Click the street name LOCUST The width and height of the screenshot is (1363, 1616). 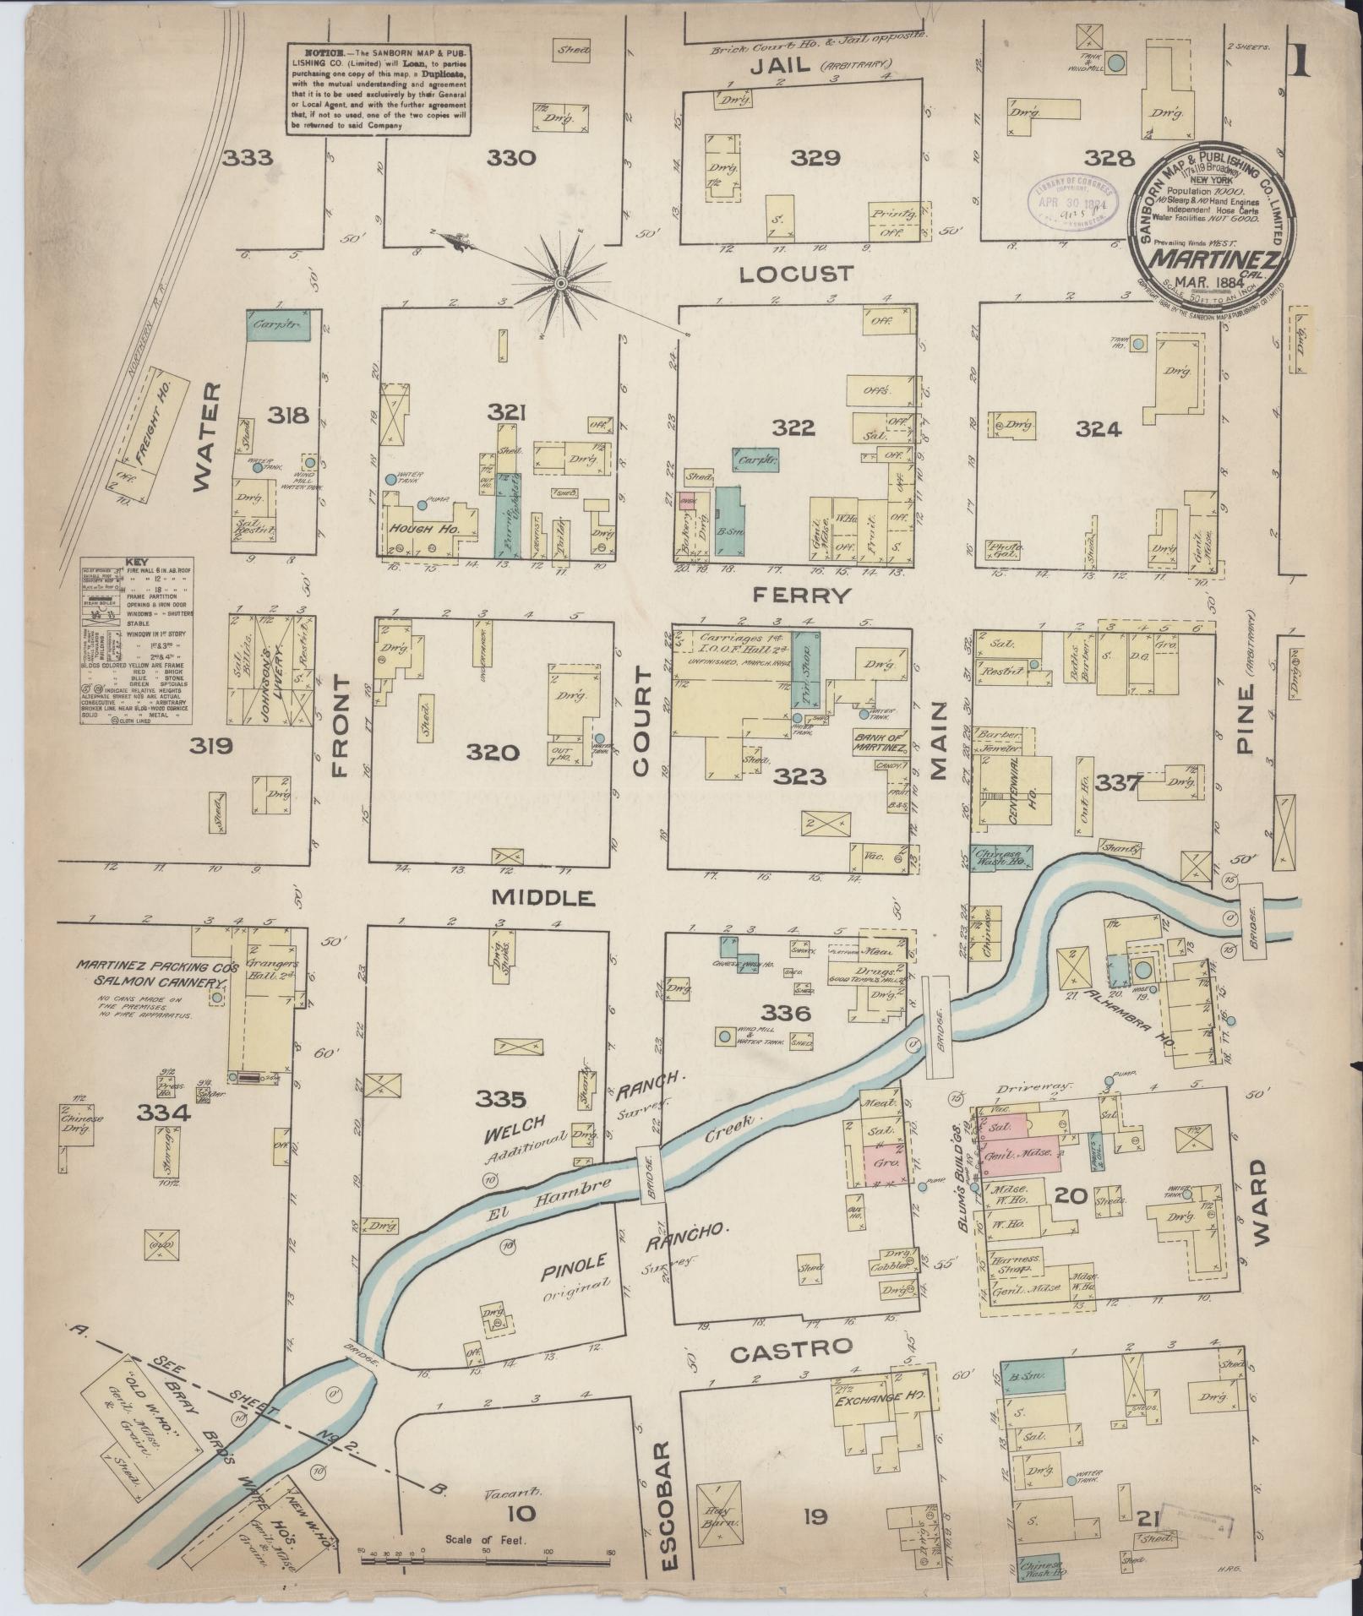pos(796,274)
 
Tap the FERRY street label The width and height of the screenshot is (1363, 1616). pos(801,595)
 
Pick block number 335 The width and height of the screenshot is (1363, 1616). pos(500,1099)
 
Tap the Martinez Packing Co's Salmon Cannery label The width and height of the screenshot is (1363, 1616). pos(150,972)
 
